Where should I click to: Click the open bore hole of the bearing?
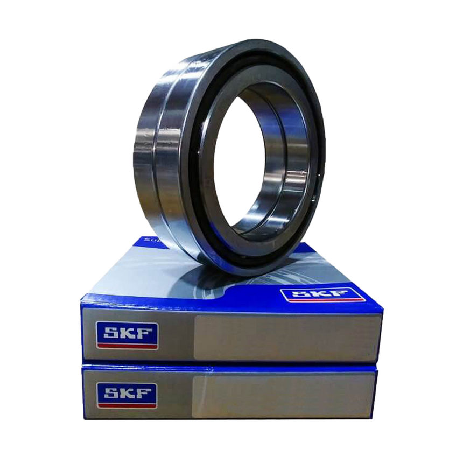click(240, 162)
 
